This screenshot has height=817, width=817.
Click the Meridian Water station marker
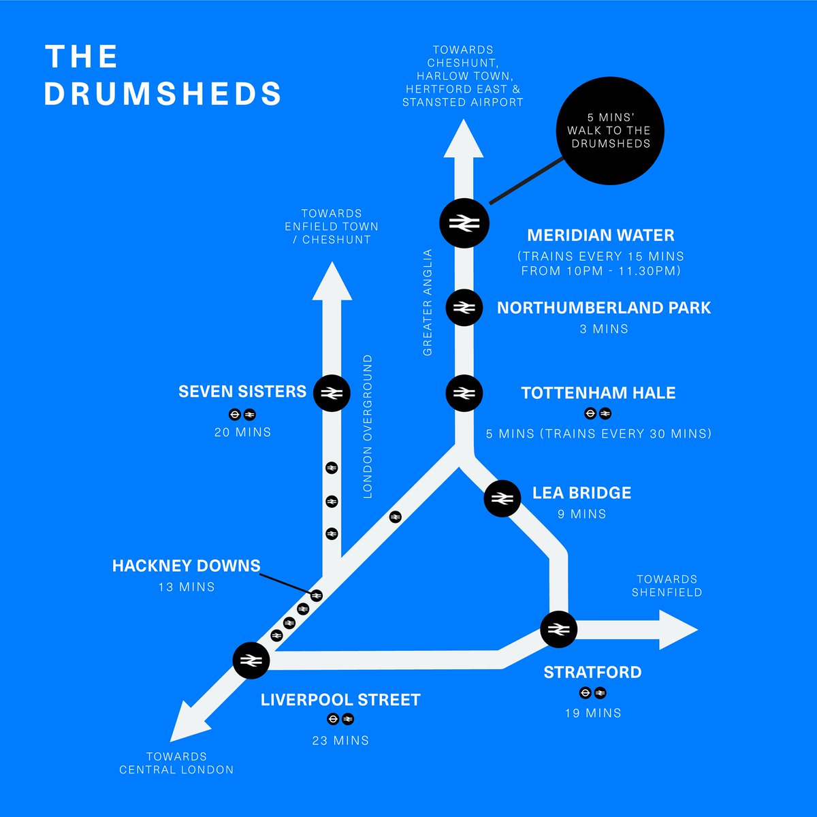(x=464, y=223)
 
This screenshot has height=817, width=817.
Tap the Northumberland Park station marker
(x=464, y=308)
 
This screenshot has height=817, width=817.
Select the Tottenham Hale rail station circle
(x=464, y=393)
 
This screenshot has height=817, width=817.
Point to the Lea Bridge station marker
(x=502, y=499)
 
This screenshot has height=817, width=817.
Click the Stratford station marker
(x=558, y=628)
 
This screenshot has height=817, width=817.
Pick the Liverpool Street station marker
(x=251, y=660)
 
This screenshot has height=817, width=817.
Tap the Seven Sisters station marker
(x=332, y=393)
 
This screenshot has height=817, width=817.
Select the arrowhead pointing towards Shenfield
(x=678, y=630)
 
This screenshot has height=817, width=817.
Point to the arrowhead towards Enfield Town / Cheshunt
(x=332, y=283)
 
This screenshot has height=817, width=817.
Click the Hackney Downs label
(x=186, y=566)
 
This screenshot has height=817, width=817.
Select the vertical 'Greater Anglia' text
(x=428, y=302)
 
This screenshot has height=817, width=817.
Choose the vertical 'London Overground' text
(x=368, y=426)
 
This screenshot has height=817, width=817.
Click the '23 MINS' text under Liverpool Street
(x=340, y=740)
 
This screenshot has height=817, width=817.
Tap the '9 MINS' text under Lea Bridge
(x=581, y=514)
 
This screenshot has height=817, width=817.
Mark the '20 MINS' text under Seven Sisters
(x=242, y=432)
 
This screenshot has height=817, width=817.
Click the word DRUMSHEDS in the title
(x=163, y=94)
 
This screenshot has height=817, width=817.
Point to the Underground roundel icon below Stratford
(x=585, y=693)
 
